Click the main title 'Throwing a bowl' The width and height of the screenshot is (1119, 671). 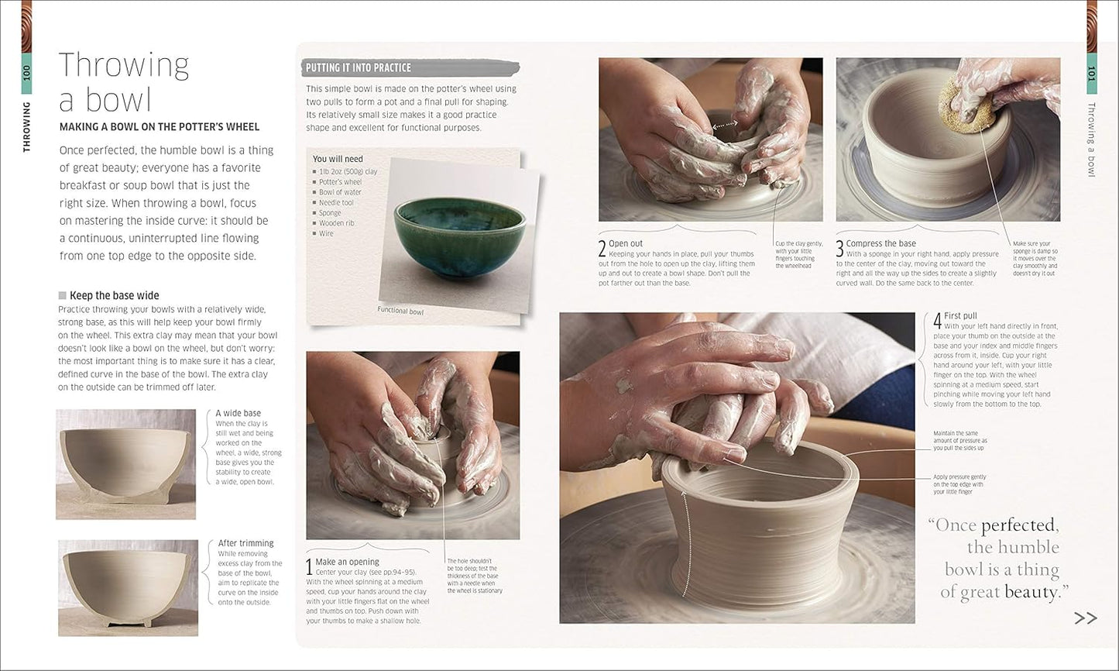124,82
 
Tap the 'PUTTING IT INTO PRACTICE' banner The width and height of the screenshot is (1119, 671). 359,68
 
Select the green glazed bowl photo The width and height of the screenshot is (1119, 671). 460,233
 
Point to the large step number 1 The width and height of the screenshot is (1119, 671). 310,566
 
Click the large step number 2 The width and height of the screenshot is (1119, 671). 602,248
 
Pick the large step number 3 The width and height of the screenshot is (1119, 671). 839,248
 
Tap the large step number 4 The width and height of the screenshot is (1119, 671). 937,319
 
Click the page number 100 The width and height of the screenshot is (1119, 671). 27,73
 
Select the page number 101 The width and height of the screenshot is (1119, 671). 1092,73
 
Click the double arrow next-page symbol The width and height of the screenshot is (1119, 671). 1086,618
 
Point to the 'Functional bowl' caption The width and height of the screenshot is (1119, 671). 400,311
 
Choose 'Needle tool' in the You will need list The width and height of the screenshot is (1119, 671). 336,203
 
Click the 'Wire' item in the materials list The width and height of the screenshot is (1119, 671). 326,233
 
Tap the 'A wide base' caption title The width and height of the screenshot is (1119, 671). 238,413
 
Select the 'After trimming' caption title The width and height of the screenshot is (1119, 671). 245,543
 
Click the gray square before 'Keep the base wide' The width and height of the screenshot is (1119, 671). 63,295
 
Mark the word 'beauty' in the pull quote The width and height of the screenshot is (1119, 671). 1031,592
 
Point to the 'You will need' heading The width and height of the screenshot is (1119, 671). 338,159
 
